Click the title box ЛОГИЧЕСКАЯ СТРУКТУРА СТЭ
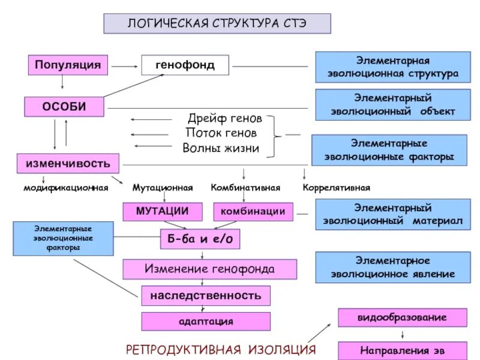(x=217, y=23)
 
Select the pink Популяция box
(x=67, y=65)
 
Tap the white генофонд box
(x=185, y=65)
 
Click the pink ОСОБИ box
(x=64, y=107)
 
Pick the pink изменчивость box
(x=67, y=163)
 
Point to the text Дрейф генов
(x=224, y=119)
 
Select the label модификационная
(x=65, y=188)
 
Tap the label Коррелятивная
(x=336, y=188)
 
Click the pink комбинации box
(x=253, y=211)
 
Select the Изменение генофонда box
(x=209, y=269)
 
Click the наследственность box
(x=205, y=295)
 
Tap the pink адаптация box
(x=205, y=322)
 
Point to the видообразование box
(x=402, y=317)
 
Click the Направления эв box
(x=402, y=350)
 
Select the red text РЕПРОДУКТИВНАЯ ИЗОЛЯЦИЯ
(x=220, y=350)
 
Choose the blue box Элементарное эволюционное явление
(x=391, y=268)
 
